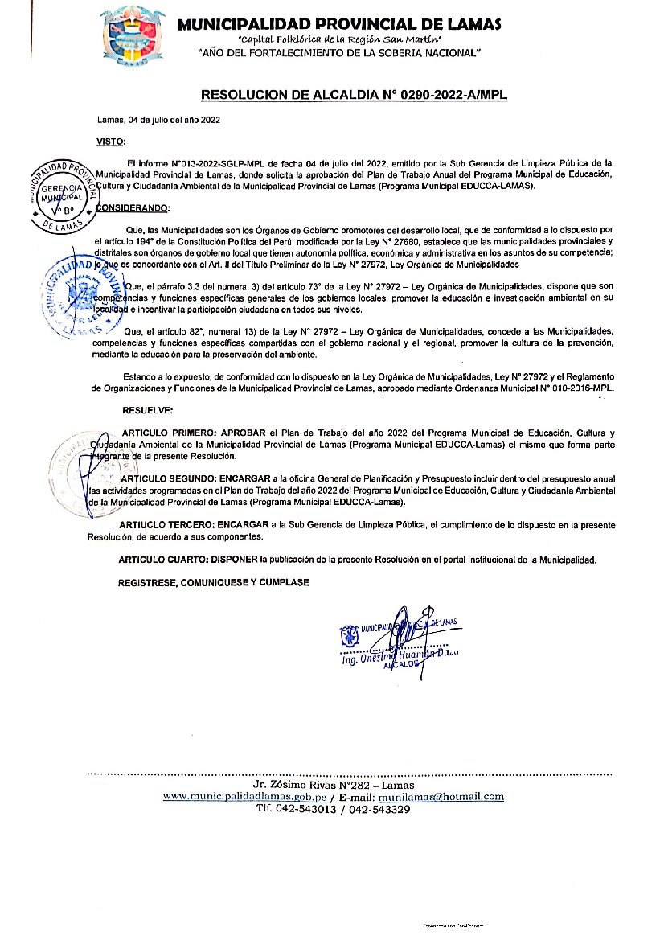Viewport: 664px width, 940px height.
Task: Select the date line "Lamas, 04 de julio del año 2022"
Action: tap(158, 120)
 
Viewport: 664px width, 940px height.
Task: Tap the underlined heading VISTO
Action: tap(111, 142)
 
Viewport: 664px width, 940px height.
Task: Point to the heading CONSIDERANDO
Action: tap(133, 209)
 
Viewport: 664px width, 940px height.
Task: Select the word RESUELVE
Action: tap(144, 411)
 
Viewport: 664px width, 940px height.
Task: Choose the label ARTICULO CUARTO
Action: tap(166, 558)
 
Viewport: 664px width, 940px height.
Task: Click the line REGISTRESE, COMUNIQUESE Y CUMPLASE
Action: tap(213, 581)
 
